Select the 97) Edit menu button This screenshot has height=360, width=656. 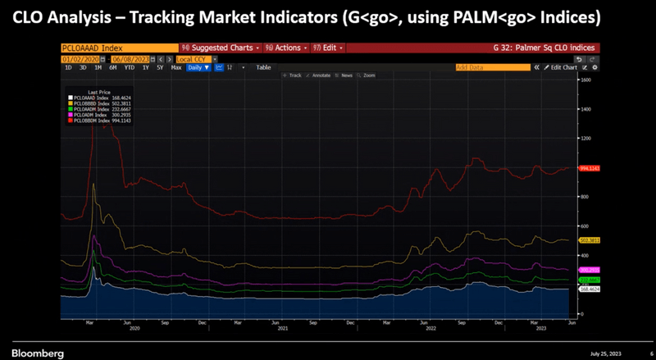pyautogui.click(x=326, y=48)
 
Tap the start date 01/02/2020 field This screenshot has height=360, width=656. pyautogui.click(x=78, y=59)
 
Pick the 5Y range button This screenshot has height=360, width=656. pyautogui.click(x=160, y=67)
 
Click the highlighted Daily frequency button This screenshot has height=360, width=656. pyautogui.click(x=198, y=67)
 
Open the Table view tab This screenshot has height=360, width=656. pyautogui.click(x=263, y=67)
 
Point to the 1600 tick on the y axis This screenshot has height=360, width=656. pyautogui.click(x=585, y=80)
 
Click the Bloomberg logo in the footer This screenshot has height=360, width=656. pyautogui.click(x=35, y=352)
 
